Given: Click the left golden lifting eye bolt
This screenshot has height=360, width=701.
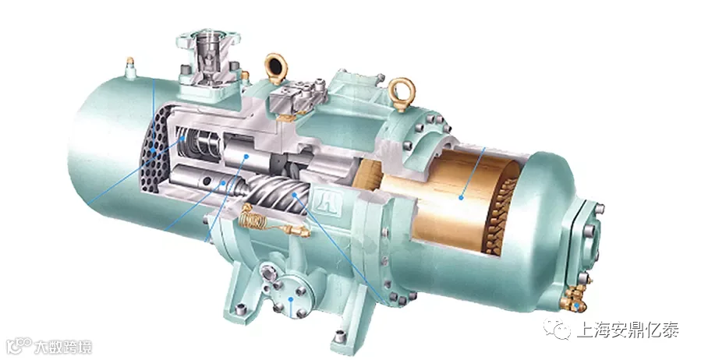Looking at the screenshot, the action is click(275, 68).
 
